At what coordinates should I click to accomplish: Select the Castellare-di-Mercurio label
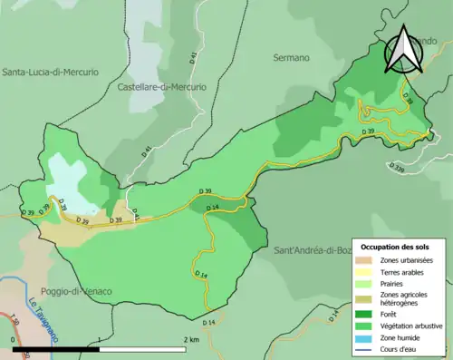(161, 87)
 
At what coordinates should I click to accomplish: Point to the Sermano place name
(291, 57)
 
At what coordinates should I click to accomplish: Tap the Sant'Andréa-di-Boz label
(311, 249)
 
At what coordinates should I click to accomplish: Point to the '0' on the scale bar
(13, 339)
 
